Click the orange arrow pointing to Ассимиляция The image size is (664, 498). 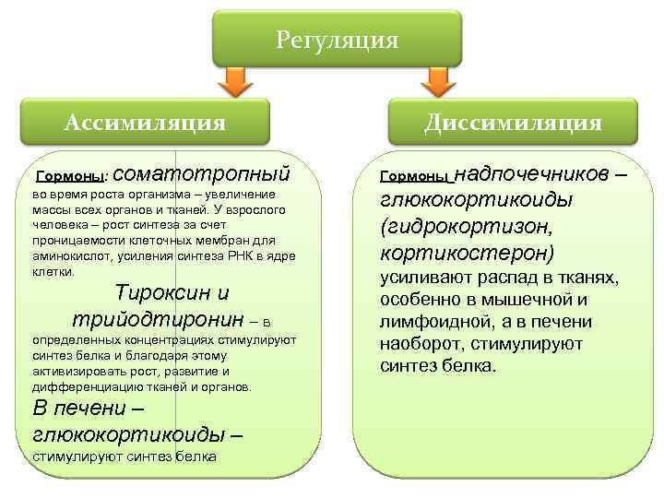tap(236, 81)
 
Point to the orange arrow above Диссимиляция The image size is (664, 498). tap(436, 81)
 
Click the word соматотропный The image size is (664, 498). tap(204, 172)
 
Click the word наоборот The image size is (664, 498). tap(414, 344)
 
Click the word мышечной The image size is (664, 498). tap(514, 300)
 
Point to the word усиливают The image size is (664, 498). tap(421, 278)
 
